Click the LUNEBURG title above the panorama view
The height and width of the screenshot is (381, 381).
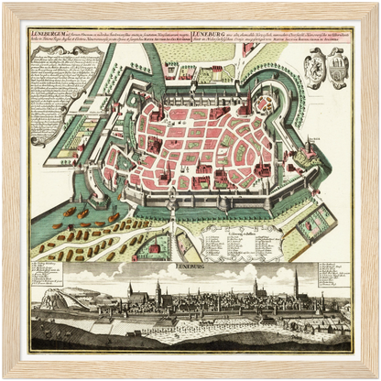point(190,267)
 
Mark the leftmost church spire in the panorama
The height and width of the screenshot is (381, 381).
point(129,292)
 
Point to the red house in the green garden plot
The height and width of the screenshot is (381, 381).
point(156,246)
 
